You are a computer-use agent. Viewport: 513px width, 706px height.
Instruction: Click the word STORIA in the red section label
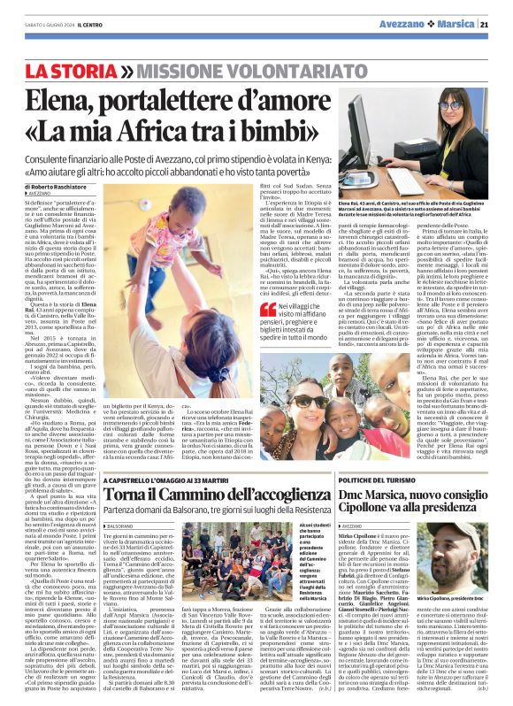(96, 69)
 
